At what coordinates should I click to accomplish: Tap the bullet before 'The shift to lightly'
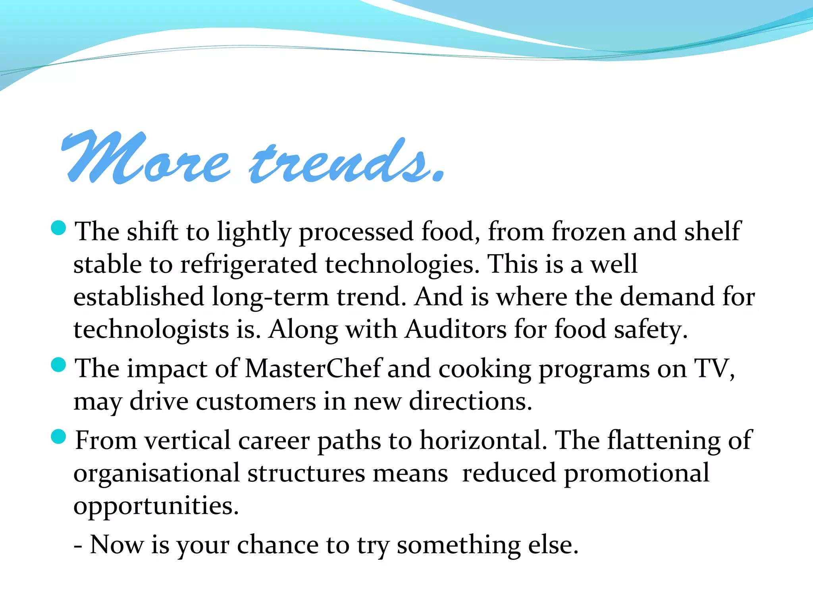click(59, 228)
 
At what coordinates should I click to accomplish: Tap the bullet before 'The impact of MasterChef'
click(59, 365)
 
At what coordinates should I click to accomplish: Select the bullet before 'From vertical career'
click(59, 437)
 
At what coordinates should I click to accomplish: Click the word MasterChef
click(313, 368)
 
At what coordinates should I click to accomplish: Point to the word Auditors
click(456, 329)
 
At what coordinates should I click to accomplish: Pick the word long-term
click(270, 297)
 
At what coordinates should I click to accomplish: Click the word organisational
click(156, 473)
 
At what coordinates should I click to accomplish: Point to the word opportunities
click(156, 506)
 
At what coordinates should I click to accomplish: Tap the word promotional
click(636, 473)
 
